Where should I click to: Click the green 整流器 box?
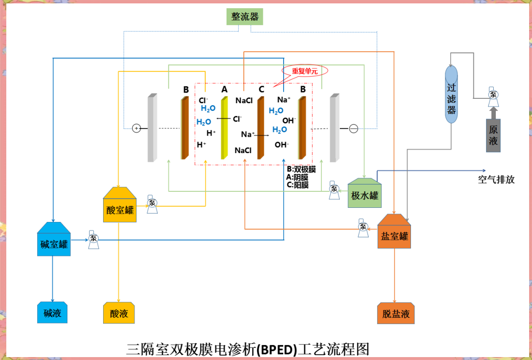[x=245, y=17]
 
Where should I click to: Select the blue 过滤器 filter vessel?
[x=451, y=94]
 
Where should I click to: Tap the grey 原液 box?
[x=493, y=135]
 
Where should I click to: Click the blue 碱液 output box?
[x=52, y=313]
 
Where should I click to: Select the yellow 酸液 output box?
[x=119, y=313]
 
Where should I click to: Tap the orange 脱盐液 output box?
[x=395, y=313]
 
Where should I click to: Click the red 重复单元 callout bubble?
[x=305, y=71]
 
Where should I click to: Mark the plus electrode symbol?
[x=137, y=128]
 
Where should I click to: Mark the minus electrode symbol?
[x=354, y=129]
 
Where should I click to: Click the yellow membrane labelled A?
[x=224, y=128]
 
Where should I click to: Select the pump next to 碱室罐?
[x=93, y=240]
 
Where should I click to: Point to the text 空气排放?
[x=496, y=180]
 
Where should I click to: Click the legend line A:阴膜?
[x=297, y=177]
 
